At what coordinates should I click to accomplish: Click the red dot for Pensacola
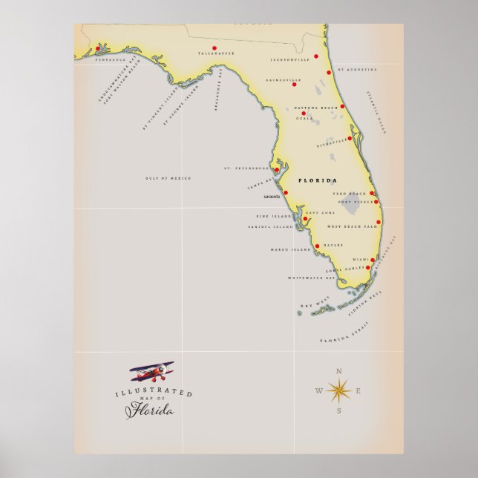point(97,49)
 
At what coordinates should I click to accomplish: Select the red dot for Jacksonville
point(316,56)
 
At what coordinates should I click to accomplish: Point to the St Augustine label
point(358,69)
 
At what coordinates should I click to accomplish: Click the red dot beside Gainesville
point(294,85)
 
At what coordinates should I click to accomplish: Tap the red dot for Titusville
point(350,138)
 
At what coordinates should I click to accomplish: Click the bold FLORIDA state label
point(317,181)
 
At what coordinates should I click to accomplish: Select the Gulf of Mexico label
point(168,178)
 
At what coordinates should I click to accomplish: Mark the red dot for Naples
point(318,246)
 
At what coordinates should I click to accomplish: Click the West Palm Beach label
point(352,226)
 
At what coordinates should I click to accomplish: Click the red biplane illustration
point(151,370)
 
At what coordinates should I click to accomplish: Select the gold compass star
point(339,390)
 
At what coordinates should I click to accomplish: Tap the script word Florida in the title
point(152,410)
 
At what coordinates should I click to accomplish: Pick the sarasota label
point(271,197)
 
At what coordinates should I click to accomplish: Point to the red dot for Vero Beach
point(372,193)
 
